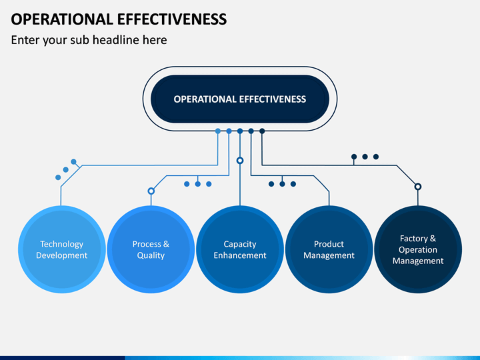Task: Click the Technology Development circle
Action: point(62,249)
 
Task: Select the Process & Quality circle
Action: point(151,249)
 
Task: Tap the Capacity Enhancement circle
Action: point(240,249)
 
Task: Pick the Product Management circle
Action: point(329,249)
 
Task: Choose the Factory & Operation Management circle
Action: point(418,249)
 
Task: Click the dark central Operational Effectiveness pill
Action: point(240,99)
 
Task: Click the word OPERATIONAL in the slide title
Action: point(62,19)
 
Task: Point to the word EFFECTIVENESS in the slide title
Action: point(172,19)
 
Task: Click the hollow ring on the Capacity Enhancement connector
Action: point(240,161)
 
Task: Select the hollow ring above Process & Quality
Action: point(151,191)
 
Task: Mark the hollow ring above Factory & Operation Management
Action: point(418,187)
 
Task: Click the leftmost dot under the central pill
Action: point(218,131)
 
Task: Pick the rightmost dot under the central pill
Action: point(262,131)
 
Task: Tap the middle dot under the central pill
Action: point(240,131)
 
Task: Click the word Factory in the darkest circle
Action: point(414,239)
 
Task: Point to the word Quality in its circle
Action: point(151,255)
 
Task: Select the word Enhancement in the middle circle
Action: point(240,255)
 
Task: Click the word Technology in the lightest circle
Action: point(62,244)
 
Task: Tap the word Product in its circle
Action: point(329,244)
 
